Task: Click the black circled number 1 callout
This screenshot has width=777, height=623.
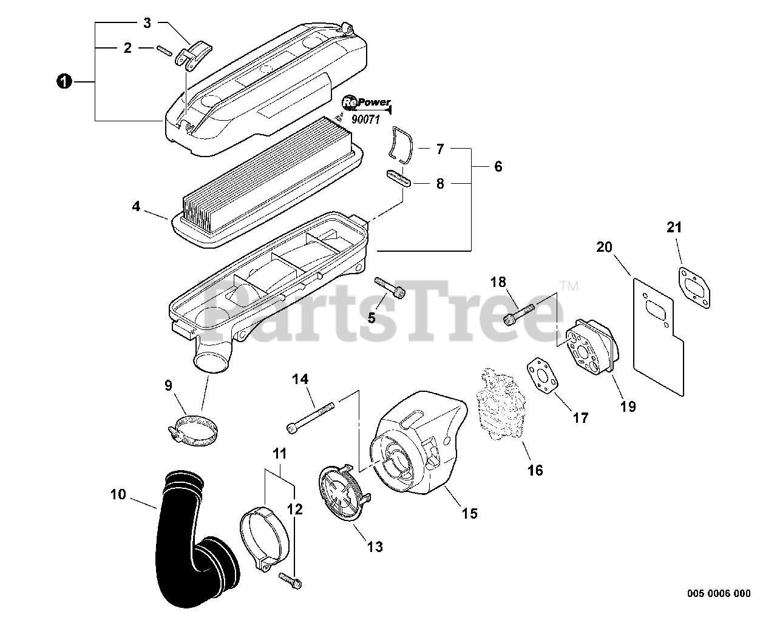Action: pos(62,81)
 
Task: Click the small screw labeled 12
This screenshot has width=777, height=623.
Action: pos(290,579)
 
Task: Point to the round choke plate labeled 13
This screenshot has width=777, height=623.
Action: pos(344,496)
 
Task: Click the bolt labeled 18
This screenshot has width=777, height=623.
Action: pos(520,313)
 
